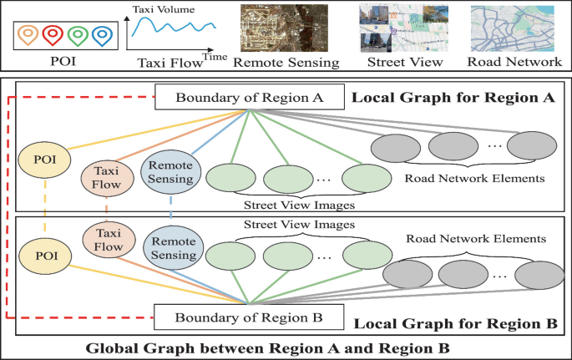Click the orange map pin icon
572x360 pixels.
29,35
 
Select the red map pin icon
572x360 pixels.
53,35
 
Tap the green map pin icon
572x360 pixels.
78,35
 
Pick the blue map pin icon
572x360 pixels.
102,35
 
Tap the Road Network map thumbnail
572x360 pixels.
514,28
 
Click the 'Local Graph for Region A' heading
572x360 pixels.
453,98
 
